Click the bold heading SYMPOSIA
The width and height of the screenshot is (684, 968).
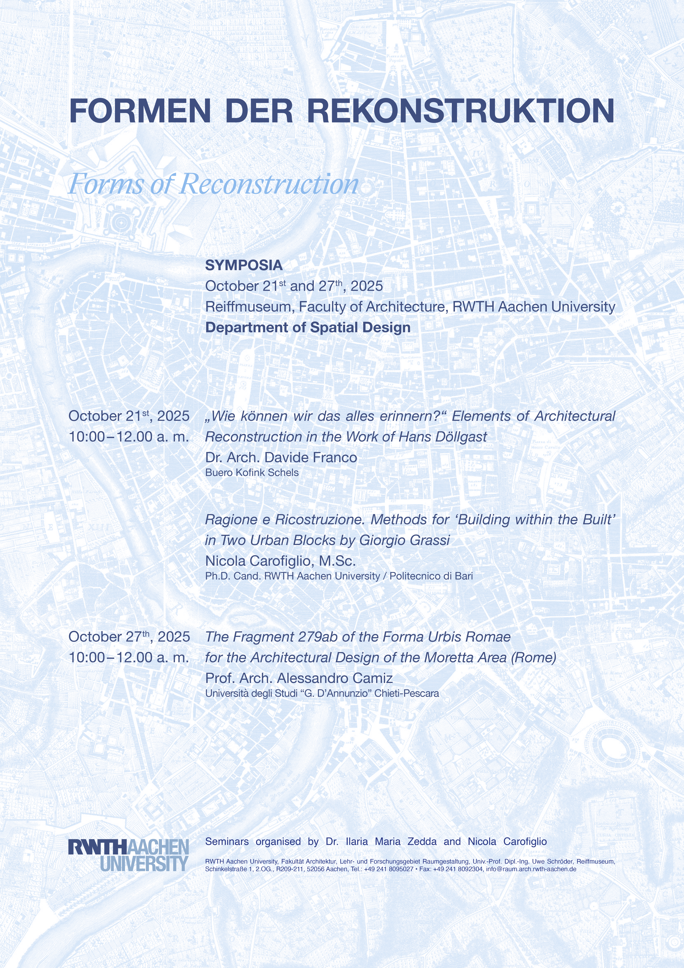pos(244,265)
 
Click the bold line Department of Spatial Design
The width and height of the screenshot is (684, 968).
pos(308,328)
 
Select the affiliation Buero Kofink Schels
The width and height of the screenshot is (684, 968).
pos(252,473)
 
